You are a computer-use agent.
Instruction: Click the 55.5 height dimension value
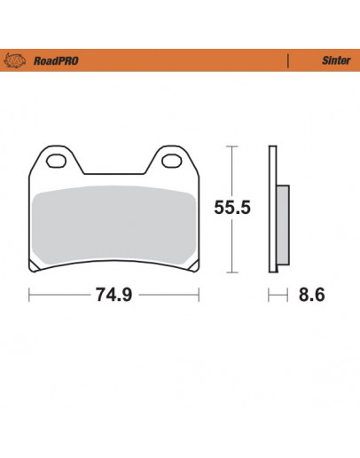coord(233,209)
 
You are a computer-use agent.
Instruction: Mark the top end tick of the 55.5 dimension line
coord(233,146)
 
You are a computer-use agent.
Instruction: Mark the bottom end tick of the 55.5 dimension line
coord(233,271)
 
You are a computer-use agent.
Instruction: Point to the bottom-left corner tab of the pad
coord(35,265)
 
